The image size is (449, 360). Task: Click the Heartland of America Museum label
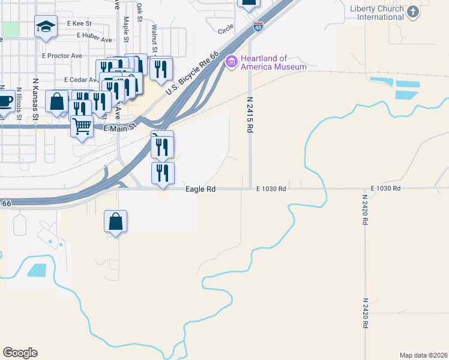coord(273,62)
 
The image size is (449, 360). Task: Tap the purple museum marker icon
coord(231,61)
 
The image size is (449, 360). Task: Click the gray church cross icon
coord(412,12)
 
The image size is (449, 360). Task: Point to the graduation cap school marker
coord(46,27)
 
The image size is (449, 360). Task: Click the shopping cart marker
coord(82,127)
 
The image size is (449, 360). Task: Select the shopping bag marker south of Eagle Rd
coord(115,221)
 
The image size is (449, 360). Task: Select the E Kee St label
coord(79,23)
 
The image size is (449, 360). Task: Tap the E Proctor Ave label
coord(62,56)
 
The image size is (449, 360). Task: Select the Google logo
coord(20,353)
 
